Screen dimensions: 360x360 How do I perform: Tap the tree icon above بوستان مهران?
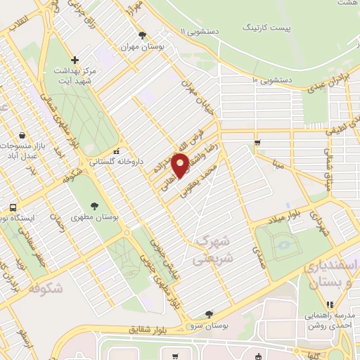tap(143, 34)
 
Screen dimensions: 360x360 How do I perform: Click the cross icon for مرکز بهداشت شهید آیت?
tap(75, 60)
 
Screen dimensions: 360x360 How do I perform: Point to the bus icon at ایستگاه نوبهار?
tap(13, 207)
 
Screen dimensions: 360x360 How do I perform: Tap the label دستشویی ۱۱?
tap(205, 32)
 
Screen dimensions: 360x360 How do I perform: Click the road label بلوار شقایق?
tap(150, 329)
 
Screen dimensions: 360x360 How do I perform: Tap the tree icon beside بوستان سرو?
tap(209, 314)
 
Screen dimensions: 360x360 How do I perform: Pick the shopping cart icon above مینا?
tap(258, 143)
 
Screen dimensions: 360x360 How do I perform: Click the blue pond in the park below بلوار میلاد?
tap(285, 245)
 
